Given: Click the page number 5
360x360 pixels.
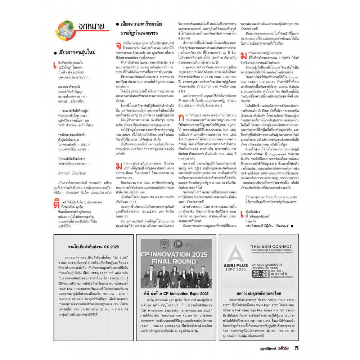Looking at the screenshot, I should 297,348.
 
